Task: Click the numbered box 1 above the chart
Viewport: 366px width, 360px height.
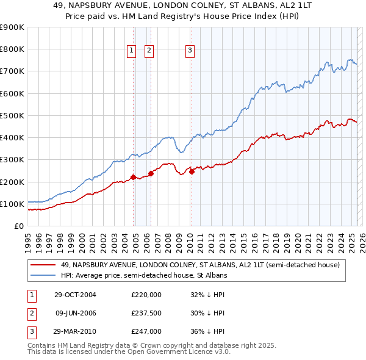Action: point(131,51)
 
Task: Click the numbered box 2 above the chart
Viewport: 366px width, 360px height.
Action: point(149,51)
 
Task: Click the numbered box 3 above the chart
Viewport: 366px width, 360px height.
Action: point(190,51)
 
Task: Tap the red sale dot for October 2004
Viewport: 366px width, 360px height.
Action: point(133,178)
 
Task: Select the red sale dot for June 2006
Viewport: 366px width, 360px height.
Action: point(151,173)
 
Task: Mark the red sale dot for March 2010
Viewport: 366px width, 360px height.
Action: point(192,171)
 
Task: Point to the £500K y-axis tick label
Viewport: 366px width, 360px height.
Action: point(12,115)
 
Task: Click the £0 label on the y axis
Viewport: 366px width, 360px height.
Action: point(19,226)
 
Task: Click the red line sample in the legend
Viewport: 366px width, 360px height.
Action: point(44,265)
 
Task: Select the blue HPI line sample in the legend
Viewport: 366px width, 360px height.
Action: point(44,275)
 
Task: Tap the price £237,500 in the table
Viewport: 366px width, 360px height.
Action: point(146,313)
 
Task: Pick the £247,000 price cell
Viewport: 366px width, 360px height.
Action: point(146,331)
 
